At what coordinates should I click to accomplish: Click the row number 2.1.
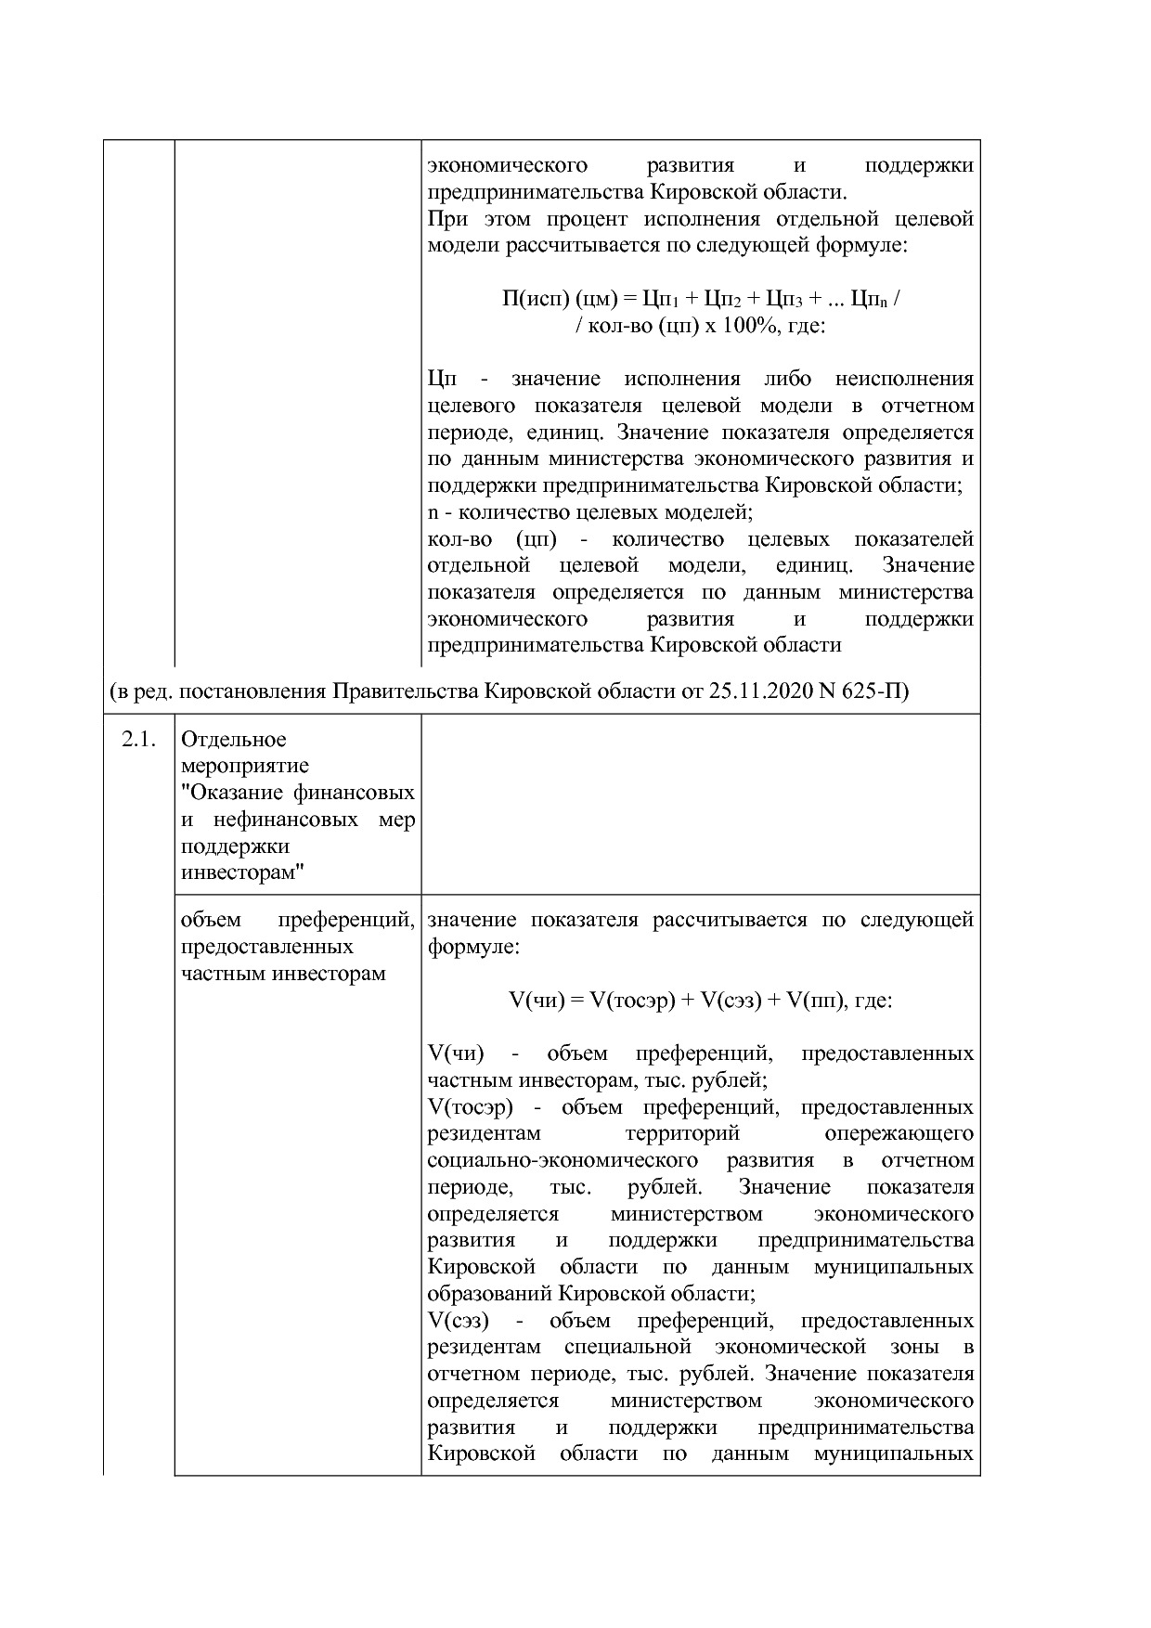pyautogui.click(x=138, y=740)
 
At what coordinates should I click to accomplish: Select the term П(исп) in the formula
pyautogui.click(x=536, y=300)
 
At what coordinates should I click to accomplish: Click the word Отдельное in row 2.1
pyautogui.click(x=234, y=740)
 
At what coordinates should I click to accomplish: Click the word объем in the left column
pyautogui.click(x=212, y=920)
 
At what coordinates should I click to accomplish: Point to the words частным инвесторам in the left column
pyautogui.click(x=283, y=974)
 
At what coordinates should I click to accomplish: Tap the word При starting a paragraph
pyautogui.click(x=447, y=220)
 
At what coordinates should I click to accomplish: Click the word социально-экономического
pyautogui.click(x=563, y=1160)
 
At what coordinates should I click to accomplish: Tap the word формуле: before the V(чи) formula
pyautogui.click(x=473, y=948)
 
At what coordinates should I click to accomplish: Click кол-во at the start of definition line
pyautogui.click(x=459, y=539)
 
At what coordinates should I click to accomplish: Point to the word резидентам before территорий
pyautogui.click(x=484, y=1133)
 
